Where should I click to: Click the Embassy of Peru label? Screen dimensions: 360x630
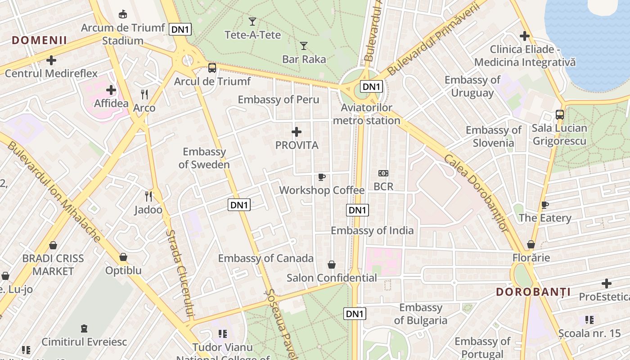click(278, 99)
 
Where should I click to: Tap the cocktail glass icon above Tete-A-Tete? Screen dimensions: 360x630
click(252, 21)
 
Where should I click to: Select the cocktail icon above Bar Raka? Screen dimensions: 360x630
click(304, 45)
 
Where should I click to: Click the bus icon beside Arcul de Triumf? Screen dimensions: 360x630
click(212, 68)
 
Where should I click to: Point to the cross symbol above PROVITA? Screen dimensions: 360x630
click(297, 132)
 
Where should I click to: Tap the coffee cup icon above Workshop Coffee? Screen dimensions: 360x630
click(321, 177)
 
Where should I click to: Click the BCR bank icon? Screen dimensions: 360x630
click(383, 173)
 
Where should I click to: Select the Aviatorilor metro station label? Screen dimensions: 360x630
click(366, 114)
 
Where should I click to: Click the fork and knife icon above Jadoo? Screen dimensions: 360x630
click(148, 196)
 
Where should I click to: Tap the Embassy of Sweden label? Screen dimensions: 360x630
click(204, 158)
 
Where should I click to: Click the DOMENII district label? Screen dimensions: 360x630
click(40, 40)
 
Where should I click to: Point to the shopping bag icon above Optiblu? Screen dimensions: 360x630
click(123, 257)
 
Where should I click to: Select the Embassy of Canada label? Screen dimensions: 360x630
click(265, 258)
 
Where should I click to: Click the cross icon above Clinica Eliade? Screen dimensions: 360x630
click(524, 36)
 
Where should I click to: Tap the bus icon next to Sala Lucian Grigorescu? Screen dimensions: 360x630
click(559, 114)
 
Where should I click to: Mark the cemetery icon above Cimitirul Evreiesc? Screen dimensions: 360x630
click(84, 328)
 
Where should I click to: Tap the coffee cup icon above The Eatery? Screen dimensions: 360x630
click(544, 205)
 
